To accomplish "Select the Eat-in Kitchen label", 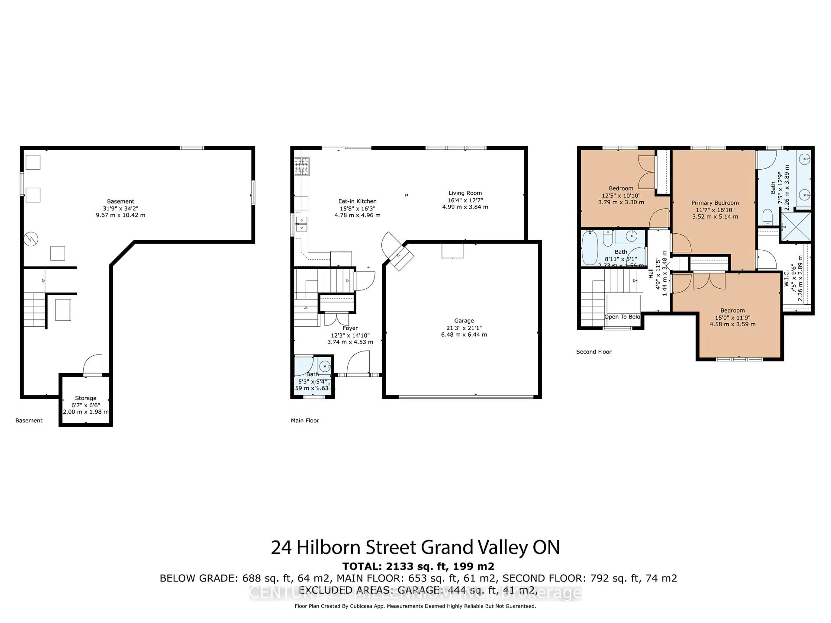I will click(357, 201).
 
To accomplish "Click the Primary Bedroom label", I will click(715, 203).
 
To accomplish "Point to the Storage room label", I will click(86, 398).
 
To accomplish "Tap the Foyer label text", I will click(350, 328).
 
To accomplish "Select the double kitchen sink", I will click(301, 224).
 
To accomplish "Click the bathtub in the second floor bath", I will click(589, 248).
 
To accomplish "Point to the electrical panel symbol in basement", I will click(31, 239).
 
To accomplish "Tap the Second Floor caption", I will click(594, 352).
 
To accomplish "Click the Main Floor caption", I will click(305, 421).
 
